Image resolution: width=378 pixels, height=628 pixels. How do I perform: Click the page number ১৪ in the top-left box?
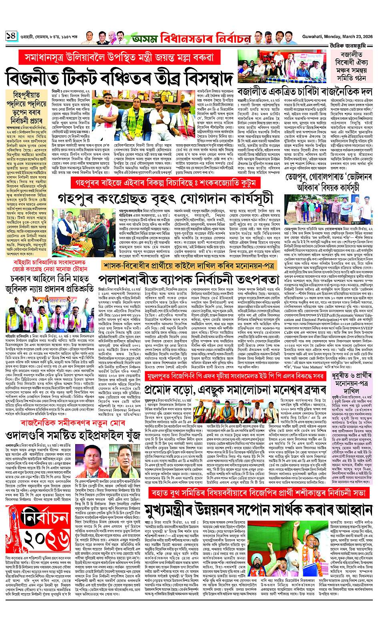[x=11, y=36]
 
